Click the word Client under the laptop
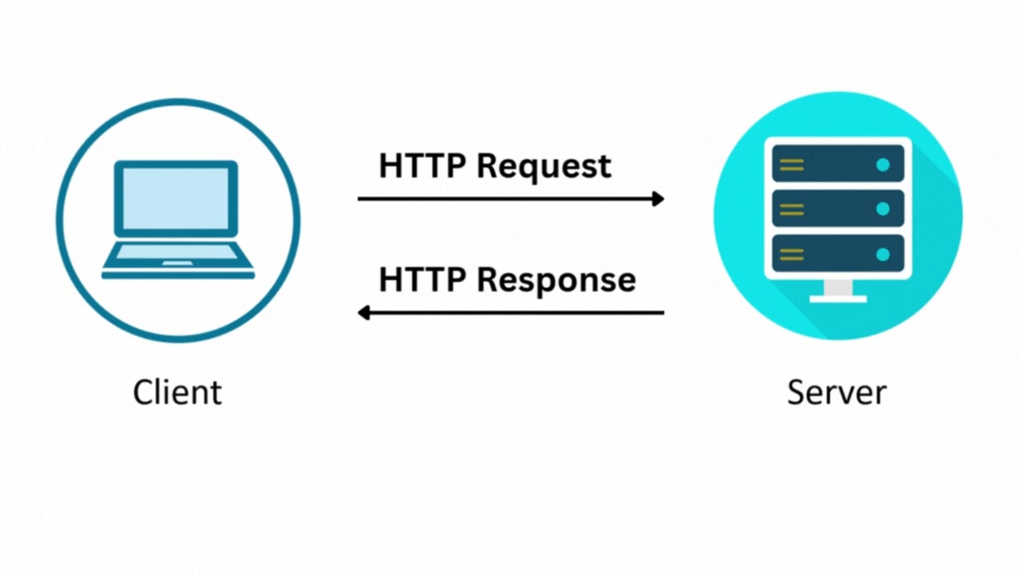click(x=177, y=392)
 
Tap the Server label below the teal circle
click(x=836, y=392)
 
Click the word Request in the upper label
click(x=544, y=166)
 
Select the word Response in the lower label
click(x=557, y=280)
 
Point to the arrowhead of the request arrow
click(x=659, y=199)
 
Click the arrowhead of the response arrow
click(x=363, y=312)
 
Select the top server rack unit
click(x=838, y=165)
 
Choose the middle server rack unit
click(x=838, y=209)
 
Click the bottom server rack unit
click(x=838, y=254)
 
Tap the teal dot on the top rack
click(x=882, y=165)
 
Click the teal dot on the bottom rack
click(x=882, y=255)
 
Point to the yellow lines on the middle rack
click(x=791, y=209)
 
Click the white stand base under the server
click(x=838, y=299)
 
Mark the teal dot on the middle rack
click(x=882, y=209)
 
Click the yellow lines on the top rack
click(x=791, y=165)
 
